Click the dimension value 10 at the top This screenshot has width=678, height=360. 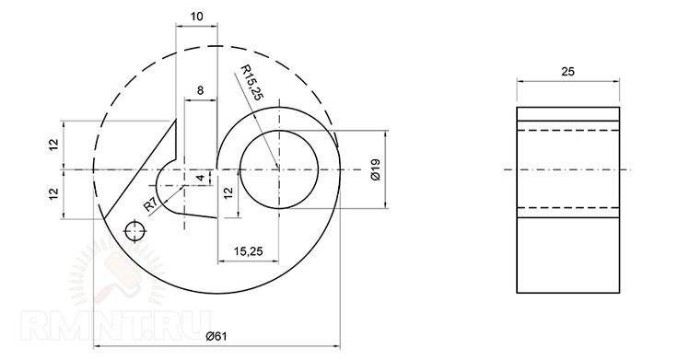(196, 17)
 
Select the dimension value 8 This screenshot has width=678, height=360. (200, 90)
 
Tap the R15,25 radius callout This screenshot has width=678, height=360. (251, 83)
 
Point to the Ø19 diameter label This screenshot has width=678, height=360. (375, 169)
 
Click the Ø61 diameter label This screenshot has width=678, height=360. (216, 336)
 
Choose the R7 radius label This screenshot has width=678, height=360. (150, 204)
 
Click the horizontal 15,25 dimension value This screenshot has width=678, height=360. (248, 251)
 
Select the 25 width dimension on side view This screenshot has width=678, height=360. (567, 71)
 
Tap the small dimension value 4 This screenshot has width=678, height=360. (200, 178)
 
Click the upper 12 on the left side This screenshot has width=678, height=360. (53, 145)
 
